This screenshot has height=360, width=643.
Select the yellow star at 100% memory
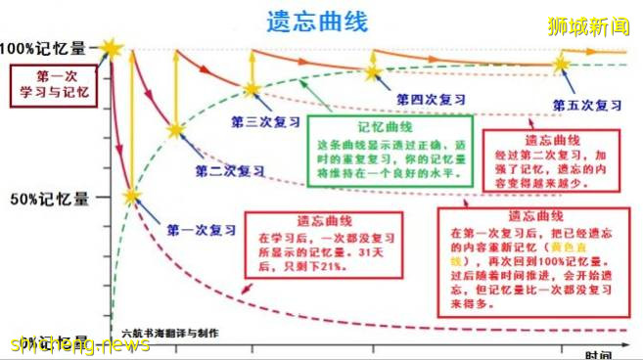coord(112,49)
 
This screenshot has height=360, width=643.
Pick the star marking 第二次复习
coord(175,129)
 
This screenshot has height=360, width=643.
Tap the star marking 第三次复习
coord(252,89)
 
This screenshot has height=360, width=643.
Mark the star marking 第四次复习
coord(372,71)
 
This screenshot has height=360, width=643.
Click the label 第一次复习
coord(201,230)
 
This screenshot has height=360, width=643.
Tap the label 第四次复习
coord(430,99)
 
